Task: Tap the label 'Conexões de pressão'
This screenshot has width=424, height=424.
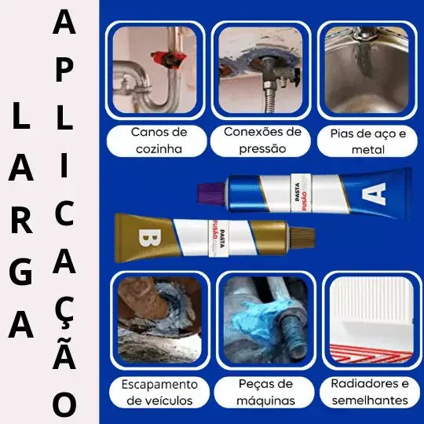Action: click(262, 140)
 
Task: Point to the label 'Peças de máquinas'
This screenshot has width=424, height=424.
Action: click(265, 393)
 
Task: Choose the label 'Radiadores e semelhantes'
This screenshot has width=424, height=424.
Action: click(370, 393)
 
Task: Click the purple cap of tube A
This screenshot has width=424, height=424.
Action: click(210, 190)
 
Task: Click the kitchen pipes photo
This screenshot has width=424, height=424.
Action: click(158, 71)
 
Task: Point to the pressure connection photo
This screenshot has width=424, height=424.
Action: click(262, 71)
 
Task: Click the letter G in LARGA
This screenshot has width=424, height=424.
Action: click(23, 270)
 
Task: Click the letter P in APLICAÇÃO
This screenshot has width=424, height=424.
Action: click(64, 69)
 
